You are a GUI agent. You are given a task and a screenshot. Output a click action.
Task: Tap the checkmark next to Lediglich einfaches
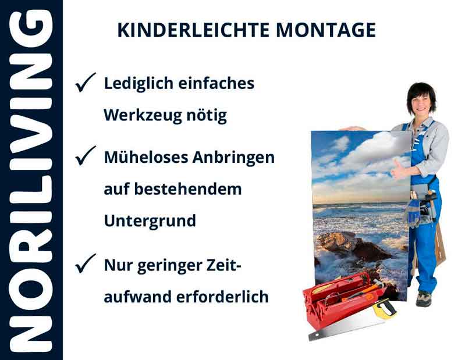pos(86,84)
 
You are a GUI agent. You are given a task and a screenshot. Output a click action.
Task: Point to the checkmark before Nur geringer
pos(86,265)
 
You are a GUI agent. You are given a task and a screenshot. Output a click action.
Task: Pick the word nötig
pos(209,115)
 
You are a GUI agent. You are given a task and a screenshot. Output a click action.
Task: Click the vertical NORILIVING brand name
pos(30,180)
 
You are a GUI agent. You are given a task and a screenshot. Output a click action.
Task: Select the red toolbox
pos(338,297)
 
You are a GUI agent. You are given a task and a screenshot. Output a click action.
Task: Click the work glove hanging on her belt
pos(414,213)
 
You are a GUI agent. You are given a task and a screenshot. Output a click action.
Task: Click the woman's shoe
pos(423,298)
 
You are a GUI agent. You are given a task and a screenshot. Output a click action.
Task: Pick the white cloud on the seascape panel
pos(372,148)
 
